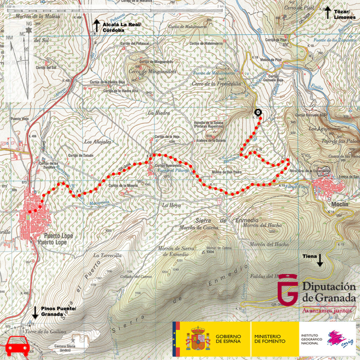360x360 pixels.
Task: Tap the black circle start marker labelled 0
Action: point(258,112)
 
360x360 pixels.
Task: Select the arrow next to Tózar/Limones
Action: point(327,12)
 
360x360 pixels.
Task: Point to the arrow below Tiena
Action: point(320,261)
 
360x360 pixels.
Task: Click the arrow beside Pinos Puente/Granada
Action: point(35,311)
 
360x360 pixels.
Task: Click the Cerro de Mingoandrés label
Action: point(153,71)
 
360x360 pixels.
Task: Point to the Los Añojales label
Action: point(97,142)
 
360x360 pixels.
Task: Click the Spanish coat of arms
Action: point(198,339)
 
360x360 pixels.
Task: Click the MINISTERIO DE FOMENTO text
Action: point(270,339)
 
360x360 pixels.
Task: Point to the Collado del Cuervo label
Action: point(139,277)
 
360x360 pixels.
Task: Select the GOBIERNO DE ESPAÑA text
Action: point(228,339)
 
